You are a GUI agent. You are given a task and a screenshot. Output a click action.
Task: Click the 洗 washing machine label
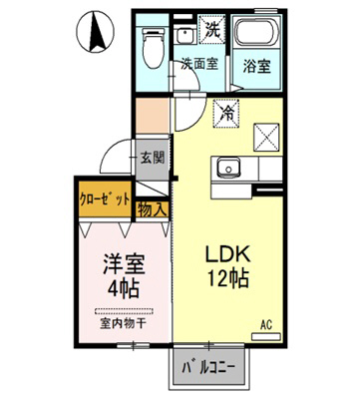click(211, 31)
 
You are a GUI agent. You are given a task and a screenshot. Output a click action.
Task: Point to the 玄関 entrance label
click(152, 157)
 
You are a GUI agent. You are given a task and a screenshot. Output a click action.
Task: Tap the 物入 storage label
click(151, 209)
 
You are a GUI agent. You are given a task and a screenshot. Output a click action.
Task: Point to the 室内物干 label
click(121, 323)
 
